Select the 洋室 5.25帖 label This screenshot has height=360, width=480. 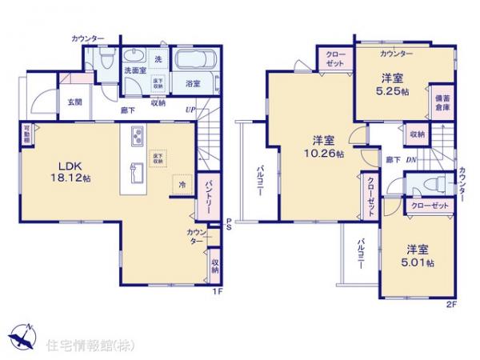point(391,84)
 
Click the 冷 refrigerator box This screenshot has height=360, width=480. point(182,183)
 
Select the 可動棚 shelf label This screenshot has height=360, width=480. point(26,134)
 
